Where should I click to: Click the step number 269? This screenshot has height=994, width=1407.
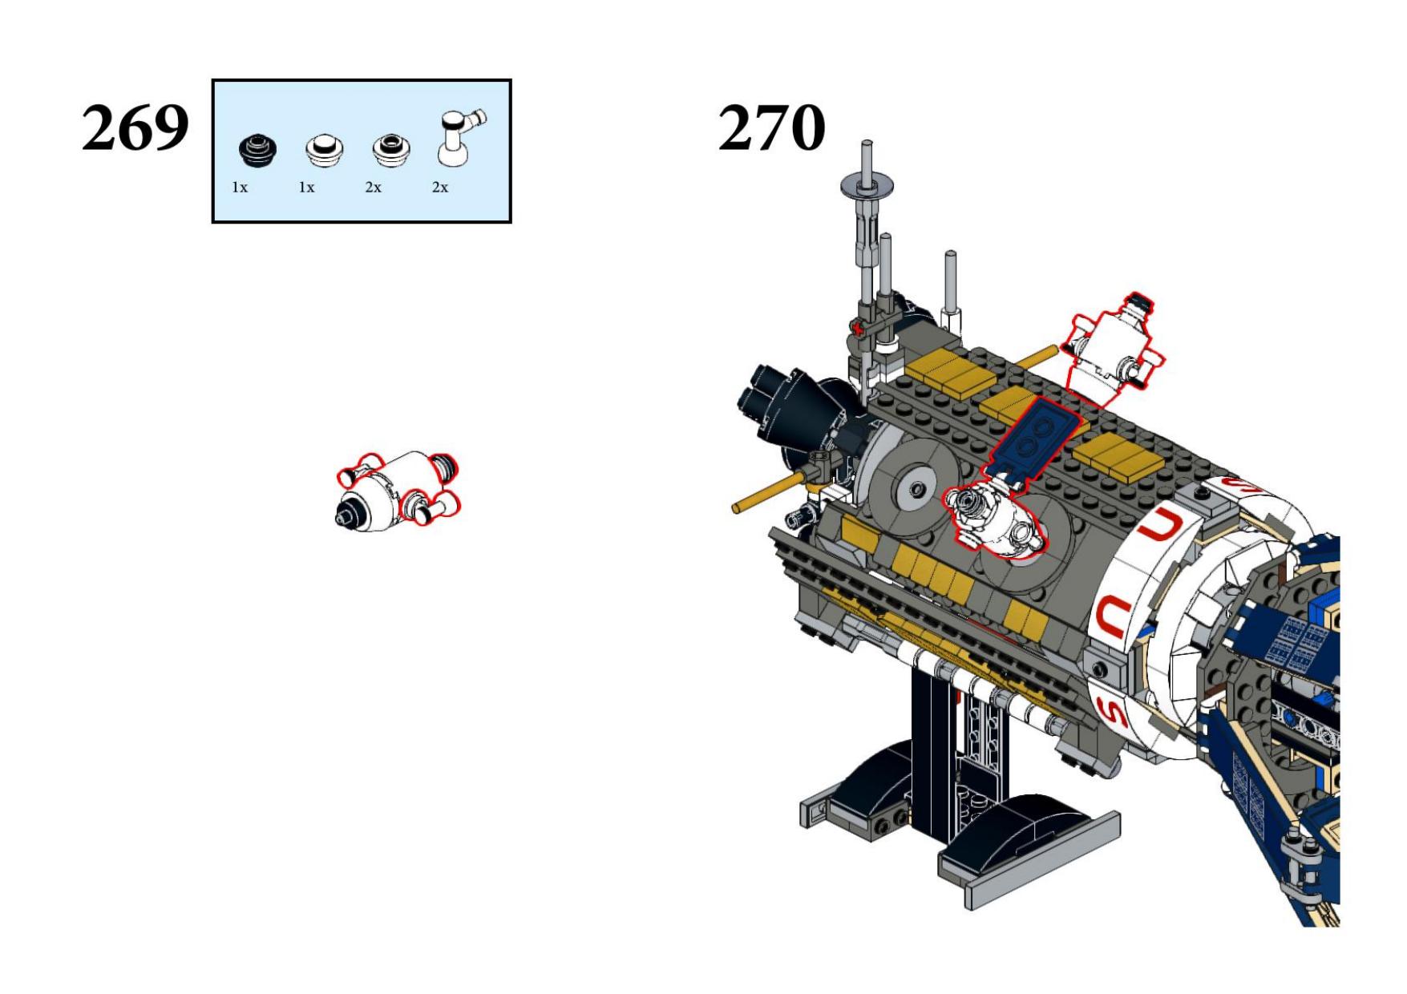click(x=135, y=127)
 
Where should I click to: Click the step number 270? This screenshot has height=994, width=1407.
click(x=771, y=127)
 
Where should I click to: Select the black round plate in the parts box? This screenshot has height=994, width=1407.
click(x=258, y=151)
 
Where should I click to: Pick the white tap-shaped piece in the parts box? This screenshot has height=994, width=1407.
click(x=459, y=137)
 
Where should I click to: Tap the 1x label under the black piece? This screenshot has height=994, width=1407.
click(x=240, y=188)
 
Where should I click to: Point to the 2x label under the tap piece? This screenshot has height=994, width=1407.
click(x=440, y=188)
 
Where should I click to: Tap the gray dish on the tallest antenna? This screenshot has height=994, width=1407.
click(x=867, y=187)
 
